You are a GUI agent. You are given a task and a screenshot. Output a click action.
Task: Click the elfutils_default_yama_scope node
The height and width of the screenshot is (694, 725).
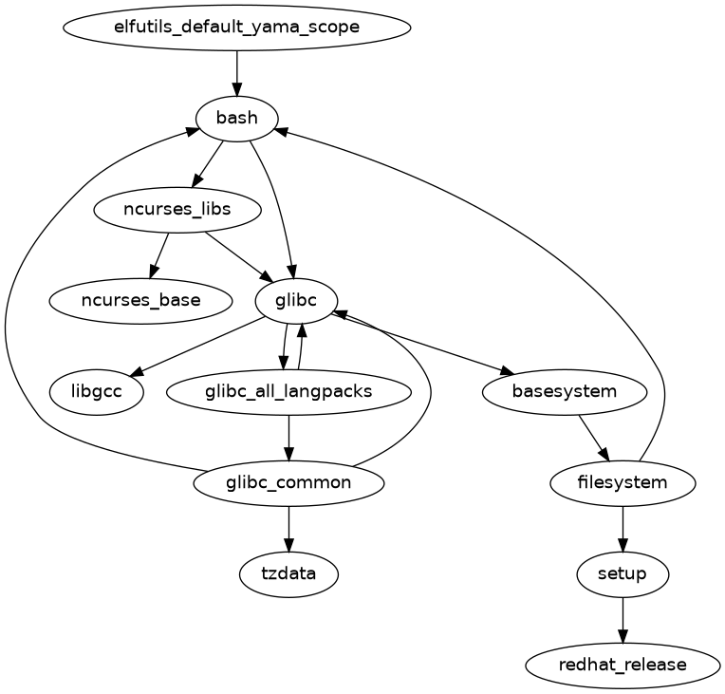coord(236,27)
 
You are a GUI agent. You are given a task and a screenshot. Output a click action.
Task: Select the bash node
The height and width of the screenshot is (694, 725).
coord(236,118)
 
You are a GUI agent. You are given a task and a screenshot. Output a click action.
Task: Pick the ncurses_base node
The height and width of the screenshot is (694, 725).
coord(140,300)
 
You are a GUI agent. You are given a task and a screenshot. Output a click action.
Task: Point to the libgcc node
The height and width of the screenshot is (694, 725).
coord(96,391)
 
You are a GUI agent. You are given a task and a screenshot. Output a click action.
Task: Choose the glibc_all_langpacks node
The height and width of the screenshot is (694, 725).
coord(288,391)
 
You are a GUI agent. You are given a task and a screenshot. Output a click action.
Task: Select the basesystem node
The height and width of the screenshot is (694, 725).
coord(565,391)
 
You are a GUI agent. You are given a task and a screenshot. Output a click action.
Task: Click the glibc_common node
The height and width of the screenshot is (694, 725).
coord(288,482)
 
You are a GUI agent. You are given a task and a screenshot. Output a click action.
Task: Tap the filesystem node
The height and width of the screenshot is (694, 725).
coord(623,482)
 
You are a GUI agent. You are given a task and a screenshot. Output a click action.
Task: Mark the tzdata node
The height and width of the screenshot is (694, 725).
coord(288,573)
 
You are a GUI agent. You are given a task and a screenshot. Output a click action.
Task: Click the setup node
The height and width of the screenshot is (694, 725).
coord(623,573)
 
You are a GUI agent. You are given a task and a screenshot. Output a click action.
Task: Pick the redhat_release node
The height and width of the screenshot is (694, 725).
coord(623,665)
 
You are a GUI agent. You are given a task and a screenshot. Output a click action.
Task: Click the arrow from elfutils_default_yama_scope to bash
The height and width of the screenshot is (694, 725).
coord(236,72)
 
